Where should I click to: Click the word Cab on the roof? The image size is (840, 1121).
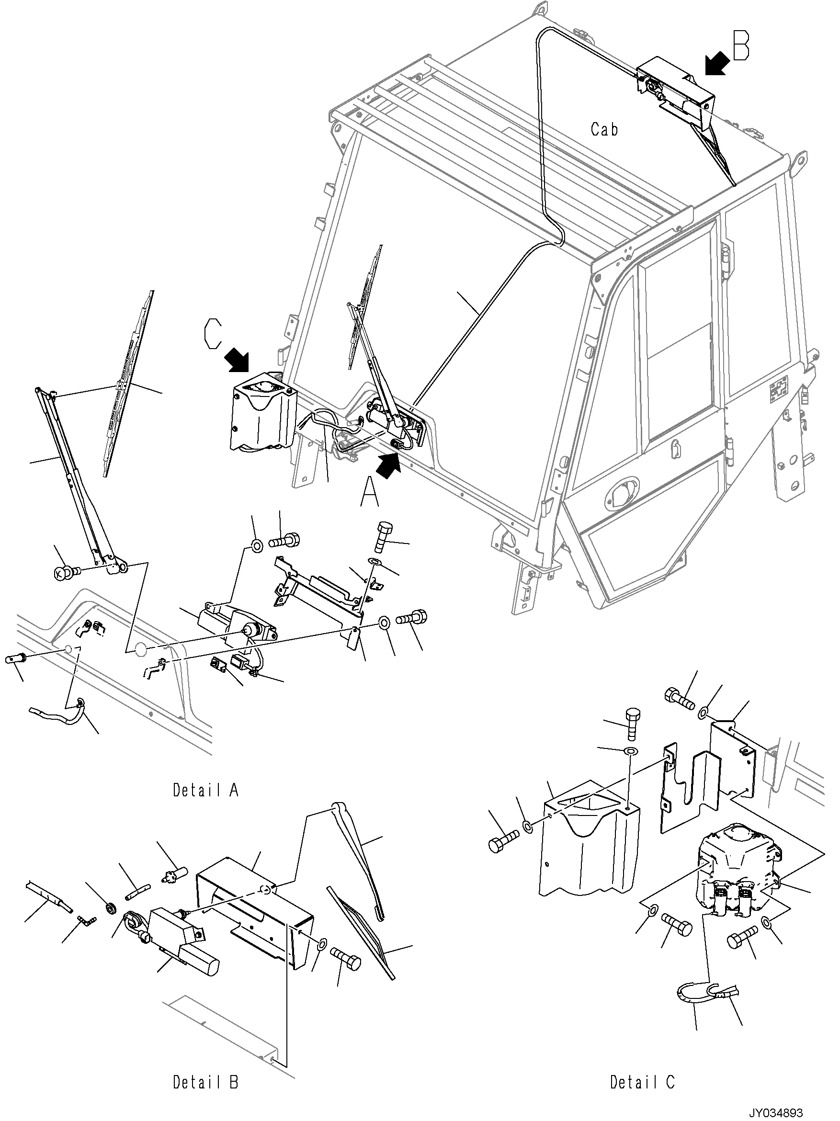coord(604,130)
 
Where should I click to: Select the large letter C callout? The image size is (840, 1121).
coord(213,332)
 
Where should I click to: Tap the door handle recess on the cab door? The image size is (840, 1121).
coord(620,487)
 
